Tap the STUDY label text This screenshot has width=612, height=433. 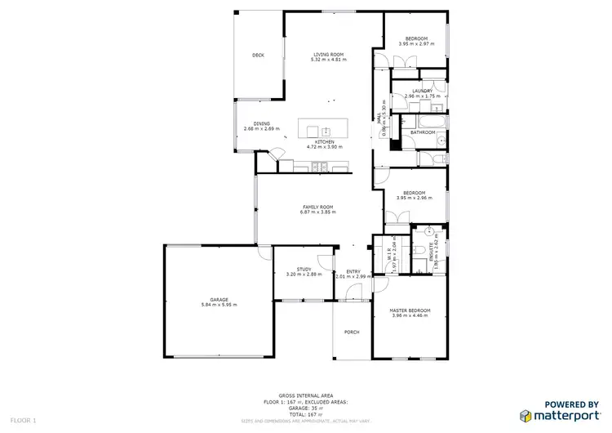pos(304,269)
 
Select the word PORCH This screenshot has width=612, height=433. pos(352,332)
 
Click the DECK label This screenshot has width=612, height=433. pos(258,56)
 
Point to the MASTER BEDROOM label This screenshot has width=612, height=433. pos(410,310)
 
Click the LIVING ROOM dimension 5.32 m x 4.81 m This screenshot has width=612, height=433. pos(329,60)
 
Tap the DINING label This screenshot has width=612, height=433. pos(261,123)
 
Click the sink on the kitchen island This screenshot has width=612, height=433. pos(326,131)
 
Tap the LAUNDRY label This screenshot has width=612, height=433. pos(422,91)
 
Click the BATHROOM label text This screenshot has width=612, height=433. pos(423,132)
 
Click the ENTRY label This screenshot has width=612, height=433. pos(353,271)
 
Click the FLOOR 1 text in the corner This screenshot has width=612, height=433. pos(24,419)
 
